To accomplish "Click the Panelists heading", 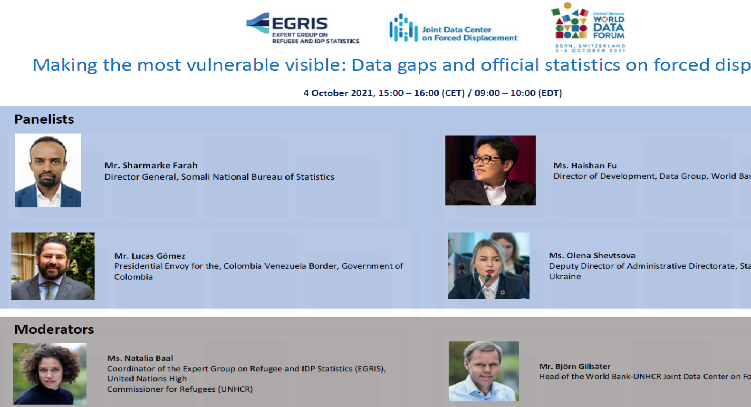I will (44, 119).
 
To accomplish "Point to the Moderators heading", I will (54, 329).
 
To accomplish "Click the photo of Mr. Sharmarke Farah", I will (48, 170).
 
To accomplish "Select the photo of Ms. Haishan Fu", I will (490, 170).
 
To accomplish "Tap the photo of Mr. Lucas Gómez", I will (53, 266).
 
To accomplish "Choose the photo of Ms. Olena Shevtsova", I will (488, 265).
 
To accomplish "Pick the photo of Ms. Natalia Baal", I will (49, 373).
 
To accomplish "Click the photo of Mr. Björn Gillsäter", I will (483, 371).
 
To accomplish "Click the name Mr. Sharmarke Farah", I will (151, 165).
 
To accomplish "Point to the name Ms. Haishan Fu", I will (585, 165).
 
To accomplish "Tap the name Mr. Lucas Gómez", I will (149, 256).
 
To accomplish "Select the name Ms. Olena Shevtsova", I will (592, 255).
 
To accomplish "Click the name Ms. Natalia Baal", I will (140, 358).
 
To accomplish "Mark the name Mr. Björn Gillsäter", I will (575, 366).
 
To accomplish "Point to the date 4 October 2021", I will (338, 93).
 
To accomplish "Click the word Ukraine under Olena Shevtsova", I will (565, 276).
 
